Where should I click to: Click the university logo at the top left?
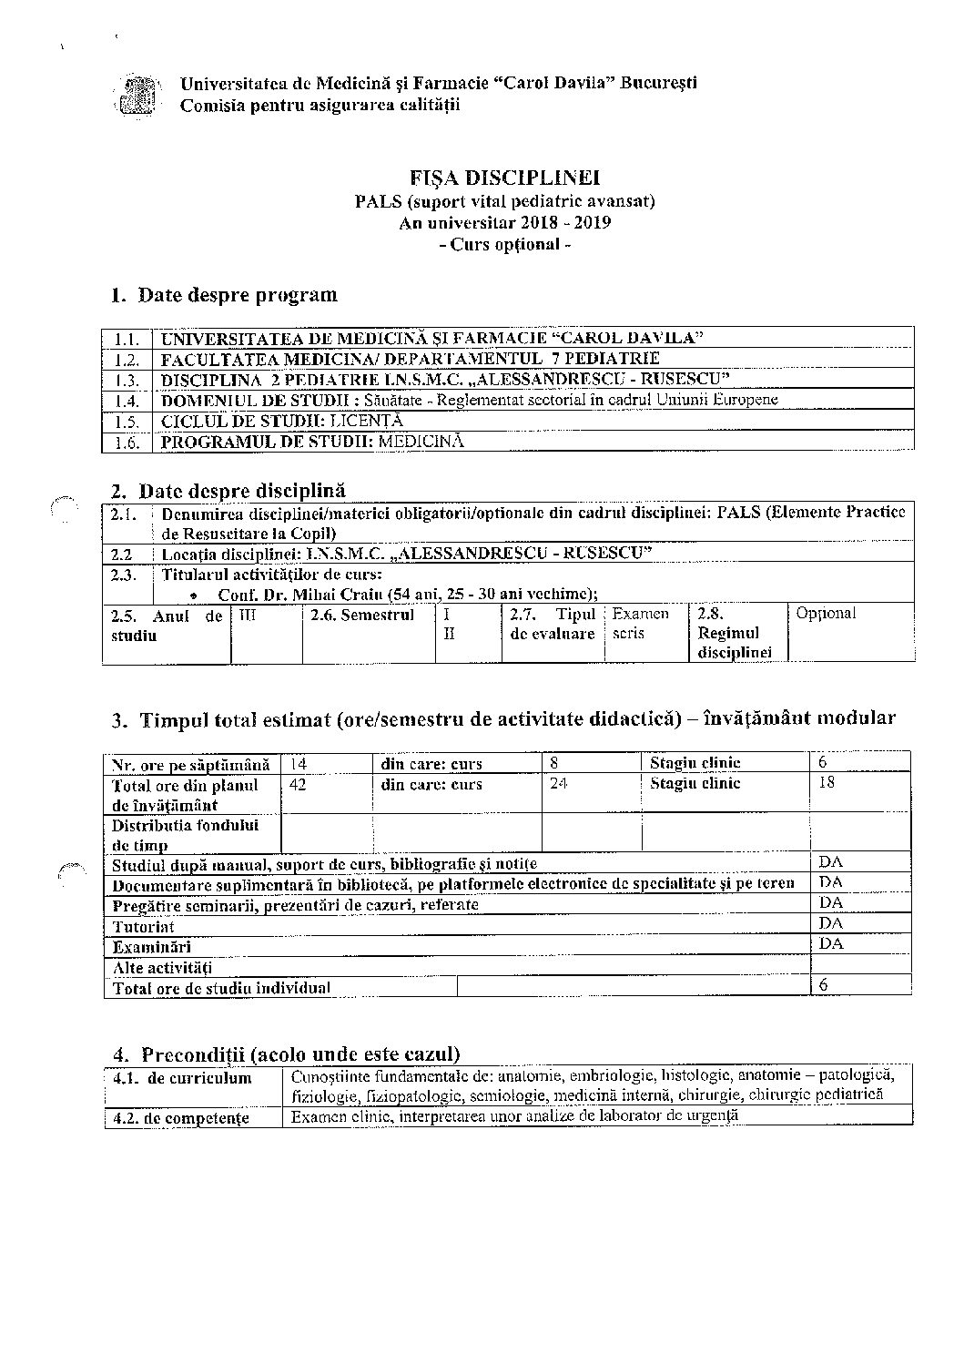point(139,95)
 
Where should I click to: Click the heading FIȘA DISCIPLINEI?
point(504,178)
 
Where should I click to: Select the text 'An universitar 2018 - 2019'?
point(504,223)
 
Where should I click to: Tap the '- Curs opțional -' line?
point(504,245)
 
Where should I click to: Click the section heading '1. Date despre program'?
point(224,295)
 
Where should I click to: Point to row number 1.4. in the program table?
point(127,401)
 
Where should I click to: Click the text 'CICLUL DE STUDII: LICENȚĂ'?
point(282,421)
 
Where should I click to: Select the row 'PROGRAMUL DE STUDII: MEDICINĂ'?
point(312,442)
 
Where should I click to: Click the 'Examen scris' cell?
point(642,624)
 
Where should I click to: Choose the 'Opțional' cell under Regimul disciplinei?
point(826,614)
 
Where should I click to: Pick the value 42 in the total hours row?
point(298,783)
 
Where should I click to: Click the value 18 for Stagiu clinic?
point(827,782)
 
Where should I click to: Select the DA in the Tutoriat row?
point(831,924)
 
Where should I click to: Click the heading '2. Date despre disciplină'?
point(228,492)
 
